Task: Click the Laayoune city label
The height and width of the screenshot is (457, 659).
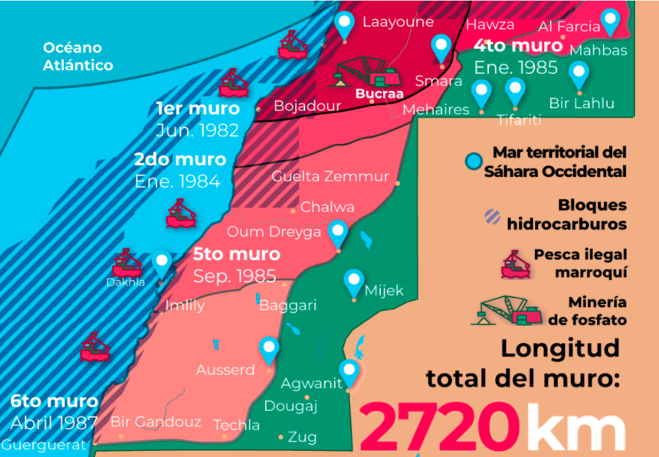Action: pyautogui.click(x=398, y=21)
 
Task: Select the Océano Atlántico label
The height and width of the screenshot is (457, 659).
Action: pyautogui.click(x=77, y=56)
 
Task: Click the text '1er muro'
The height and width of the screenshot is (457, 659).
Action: pyautogui.click(x=197, y=108)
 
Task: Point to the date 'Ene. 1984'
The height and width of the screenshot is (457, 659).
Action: pyautogui.click(x=177, y=181)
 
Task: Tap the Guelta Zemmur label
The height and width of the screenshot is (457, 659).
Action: pyautogui.click(x=330, y=176)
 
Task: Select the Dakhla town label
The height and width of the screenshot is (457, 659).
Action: pyautogui.click(x=124, y=282)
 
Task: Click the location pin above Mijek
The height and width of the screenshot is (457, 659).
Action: pyautogui.click(x=353, y=282)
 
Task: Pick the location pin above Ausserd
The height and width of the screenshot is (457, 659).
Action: pyautogui.click(x=268, y=349)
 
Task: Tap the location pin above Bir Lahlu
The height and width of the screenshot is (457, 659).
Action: pyautogui.click(x=579, y=75)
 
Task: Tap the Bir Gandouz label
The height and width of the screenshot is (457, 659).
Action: pyautogui.click(x=156, y=422)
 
